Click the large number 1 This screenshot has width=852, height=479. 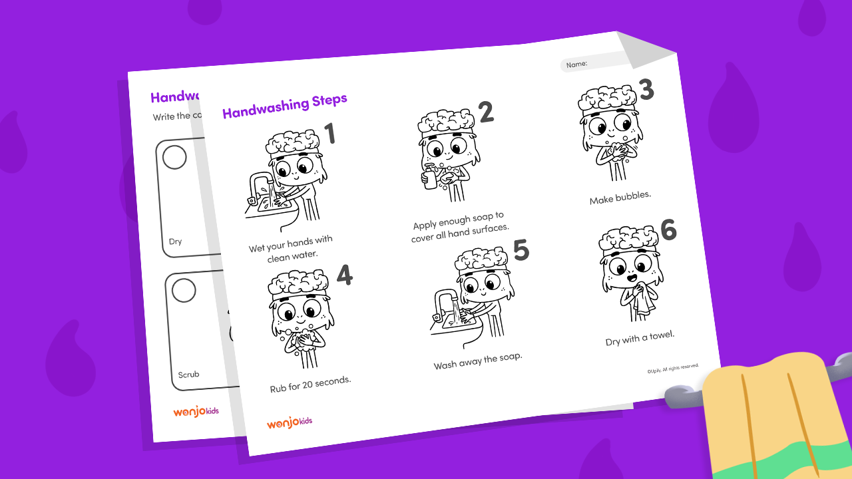point(329,134)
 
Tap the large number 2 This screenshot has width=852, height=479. point(487,112)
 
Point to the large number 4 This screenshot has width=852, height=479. point(344,275)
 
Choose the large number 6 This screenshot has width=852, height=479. point(668,230)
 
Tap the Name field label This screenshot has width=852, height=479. point(577,64)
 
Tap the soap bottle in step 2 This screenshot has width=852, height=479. point(431,178)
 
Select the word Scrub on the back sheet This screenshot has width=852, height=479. point(188,375)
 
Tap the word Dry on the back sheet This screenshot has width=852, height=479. point(175,241)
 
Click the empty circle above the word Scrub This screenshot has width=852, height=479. point(184,291)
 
